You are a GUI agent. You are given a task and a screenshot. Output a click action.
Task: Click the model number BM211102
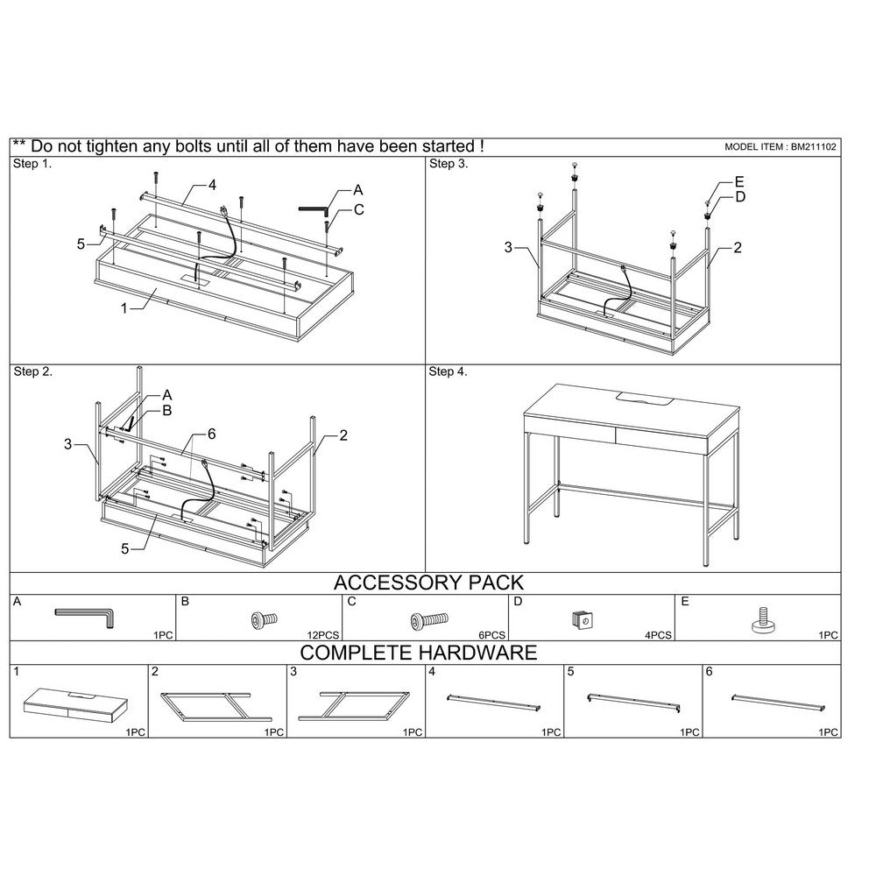point(814,147)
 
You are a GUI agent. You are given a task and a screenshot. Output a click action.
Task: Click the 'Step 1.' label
point(32,164)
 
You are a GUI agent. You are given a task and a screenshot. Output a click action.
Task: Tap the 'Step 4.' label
point(448,371)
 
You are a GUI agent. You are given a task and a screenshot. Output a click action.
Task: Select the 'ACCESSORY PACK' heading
point(428,583)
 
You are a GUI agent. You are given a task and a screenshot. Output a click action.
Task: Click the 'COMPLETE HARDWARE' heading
point(419,653)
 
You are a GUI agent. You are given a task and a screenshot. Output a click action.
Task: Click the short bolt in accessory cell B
point(263,619)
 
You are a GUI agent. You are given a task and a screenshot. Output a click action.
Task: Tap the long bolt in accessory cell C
point(429,620)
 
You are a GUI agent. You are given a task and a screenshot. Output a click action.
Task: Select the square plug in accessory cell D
point(583,619)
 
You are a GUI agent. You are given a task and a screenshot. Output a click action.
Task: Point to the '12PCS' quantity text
point(323,635)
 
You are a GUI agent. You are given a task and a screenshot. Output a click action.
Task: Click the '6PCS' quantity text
point(491,635)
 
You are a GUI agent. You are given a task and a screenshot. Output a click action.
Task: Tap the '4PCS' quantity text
point(658,635)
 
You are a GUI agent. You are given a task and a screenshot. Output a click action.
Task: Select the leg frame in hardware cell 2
point(216,707)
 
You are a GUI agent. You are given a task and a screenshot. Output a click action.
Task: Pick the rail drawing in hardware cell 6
point(779,703)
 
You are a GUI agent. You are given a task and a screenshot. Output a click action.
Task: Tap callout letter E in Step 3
point(739,182)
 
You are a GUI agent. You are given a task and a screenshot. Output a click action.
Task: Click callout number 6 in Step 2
point(212,434)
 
